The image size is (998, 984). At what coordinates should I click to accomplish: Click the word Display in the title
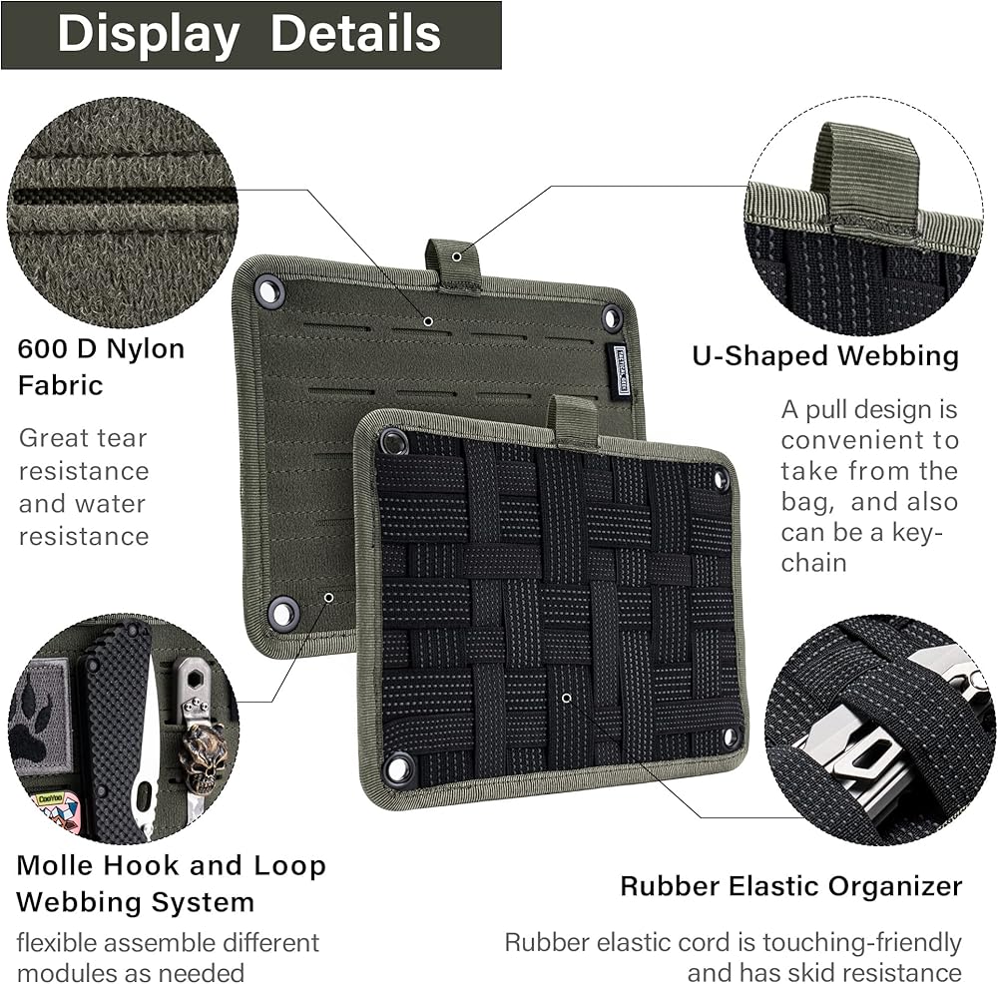pos(148,34)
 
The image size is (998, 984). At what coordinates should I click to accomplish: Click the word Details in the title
pos(355,34)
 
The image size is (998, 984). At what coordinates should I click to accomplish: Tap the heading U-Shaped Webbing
pos(825,356)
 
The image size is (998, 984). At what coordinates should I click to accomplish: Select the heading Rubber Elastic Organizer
pos(790,885)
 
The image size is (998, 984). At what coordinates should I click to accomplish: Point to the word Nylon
pos(146,350)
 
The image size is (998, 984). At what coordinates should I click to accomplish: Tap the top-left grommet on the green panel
pos(268,291)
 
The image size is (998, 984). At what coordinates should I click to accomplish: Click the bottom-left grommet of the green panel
pos(283,612)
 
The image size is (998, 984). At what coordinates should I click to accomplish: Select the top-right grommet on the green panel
pos(612,318)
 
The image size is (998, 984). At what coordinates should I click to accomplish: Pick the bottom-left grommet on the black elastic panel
pos(398,768)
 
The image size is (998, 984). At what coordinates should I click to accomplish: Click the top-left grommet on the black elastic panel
pos(391,441)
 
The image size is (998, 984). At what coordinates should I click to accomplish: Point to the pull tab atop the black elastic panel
pos(575,419)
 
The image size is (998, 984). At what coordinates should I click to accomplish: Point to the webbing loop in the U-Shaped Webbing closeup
pos(864,178)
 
